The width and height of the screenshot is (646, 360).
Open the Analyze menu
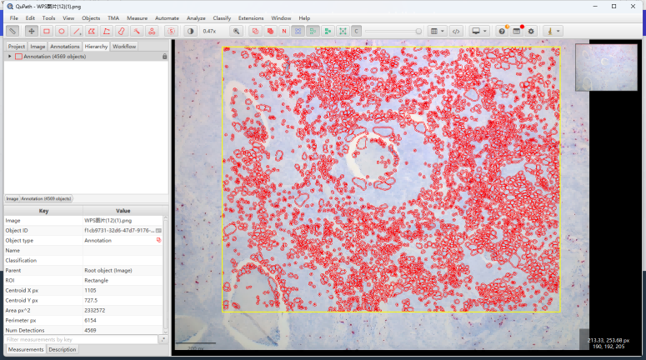click(196, 17)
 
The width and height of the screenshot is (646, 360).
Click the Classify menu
click(222, 17)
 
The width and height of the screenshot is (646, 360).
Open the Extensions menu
click(251, 17)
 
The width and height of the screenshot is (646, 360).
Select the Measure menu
click(137, 17)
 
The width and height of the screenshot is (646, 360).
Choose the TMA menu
click(113, 17)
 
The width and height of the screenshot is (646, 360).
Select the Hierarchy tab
click(96, 47)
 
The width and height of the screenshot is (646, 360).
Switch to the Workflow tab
click(124, 47)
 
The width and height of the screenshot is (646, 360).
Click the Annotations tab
click(65, 47)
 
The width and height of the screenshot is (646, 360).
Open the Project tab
click(17, 47)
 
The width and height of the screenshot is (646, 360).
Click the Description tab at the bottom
click(63, 349)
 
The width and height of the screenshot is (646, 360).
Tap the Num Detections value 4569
click(90, 330)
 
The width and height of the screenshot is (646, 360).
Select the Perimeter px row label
click(21, 320)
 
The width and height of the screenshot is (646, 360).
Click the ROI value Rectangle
click(96, 280)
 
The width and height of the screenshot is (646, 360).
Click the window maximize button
click(613, 6)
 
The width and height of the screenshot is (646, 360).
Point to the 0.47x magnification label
click(209, 31)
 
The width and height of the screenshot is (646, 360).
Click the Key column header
click(43, 210)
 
